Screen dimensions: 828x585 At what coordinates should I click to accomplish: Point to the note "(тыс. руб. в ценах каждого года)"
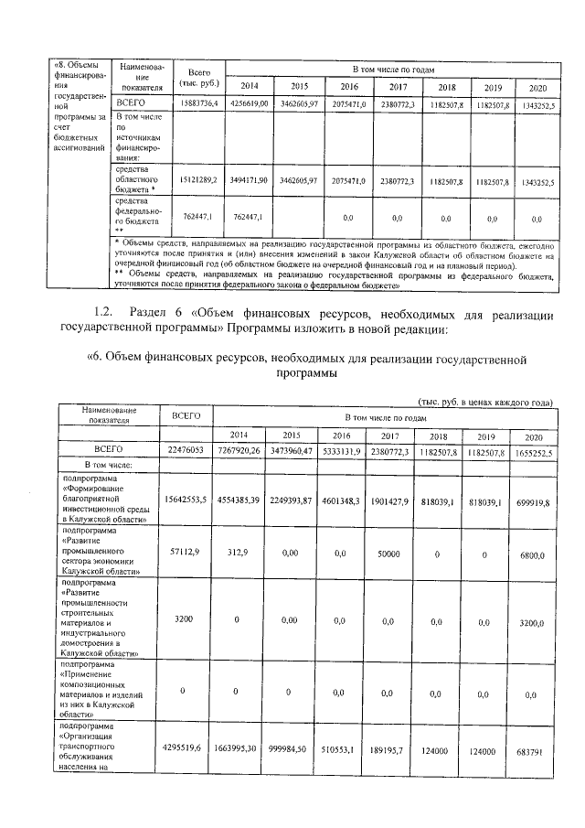click(484, 403)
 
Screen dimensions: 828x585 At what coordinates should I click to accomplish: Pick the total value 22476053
click(186, 450)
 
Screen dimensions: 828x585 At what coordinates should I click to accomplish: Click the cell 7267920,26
click(239, 450)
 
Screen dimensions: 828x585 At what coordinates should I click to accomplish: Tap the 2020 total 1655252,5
click(530, 450)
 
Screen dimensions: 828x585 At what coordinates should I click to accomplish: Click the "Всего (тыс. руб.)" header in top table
click(199, 77)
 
